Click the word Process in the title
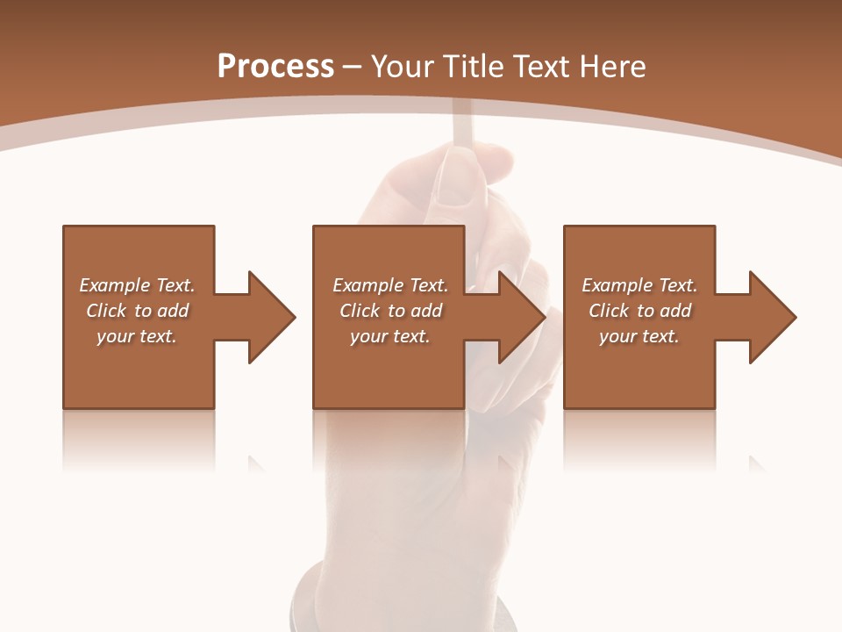275,67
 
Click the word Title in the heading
473,67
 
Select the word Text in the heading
541,67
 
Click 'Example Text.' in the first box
137,285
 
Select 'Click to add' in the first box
137,311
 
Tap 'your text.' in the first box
137,336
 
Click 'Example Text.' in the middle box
390,285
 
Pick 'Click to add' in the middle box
390,311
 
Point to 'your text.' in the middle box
390,336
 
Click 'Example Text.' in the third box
639,285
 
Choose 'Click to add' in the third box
639,311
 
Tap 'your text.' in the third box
639,336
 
